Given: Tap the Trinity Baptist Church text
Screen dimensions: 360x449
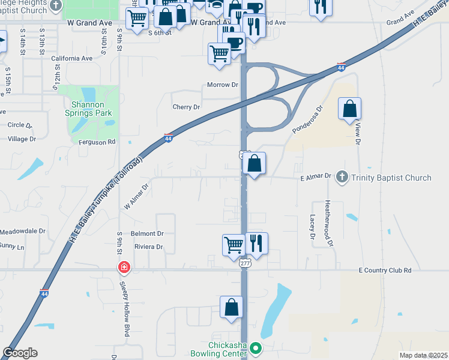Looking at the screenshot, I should (391, 178).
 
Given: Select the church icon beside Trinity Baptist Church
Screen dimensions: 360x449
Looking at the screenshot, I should (342, 177).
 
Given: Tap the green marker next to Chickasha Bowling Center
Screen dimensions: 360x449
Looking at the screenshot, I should (256, 348).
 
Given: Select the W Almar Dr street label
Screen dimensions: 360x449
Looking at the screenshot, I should (136, 196).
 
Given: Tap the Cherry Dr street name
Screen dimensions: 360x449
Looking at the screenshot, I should (185, 107).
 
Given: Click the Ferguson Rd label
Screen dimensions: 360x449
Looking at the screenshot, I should (97, 142).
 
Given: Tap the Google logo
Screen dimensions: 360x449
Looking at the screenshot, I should (20, 353).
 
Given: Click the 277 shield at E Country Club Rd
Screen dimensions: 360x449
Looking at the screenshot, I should (244, 263).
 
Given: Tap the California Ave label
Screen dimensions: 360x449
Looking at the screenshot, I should (72, 59).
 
